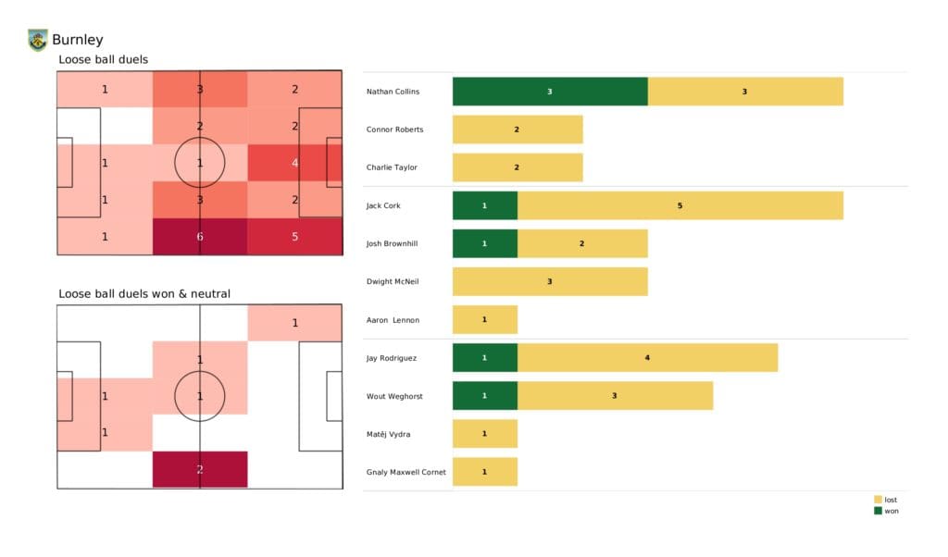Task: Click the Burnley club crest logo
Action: coord(37,40)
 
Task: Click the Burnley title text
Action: coord(78,40)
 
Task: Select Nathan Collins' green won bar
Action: coord(550,92)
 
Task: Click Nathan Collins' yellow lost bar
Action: coord(745,92)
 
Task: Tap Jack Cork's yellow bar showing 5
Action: coord(680,205)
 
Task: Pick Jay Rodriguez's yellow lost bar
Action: coord(647,357)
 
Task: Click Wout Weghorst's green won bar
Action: coord(485,395)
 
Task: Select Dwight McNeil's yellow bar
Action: coord(550,281)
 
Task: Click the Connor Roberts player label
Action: coord(395,130)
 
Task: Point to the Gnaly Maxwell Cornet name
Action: coord(406,472)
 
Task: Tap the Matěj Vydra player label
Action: coord(389,434)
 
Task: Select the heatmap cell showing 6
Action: coord(200,236)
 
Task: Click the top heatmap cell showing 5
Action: coord(295,236)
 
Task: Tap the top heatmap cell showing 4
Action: coord(295,163)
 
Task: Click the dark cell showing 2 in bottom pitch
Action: coord(200,469)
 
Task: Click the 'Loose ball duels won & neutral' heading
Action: coord(144,294)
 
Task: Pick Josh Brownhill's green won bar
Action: coord(485,243)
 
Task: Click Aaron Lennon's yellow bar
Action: coord(485,319)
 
